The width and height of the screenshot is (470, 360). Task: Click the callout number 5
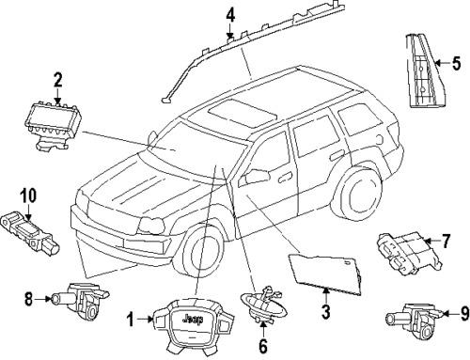tap(456, 65)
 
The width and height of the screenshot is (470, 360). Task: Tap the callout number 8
tap(29, 300)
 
